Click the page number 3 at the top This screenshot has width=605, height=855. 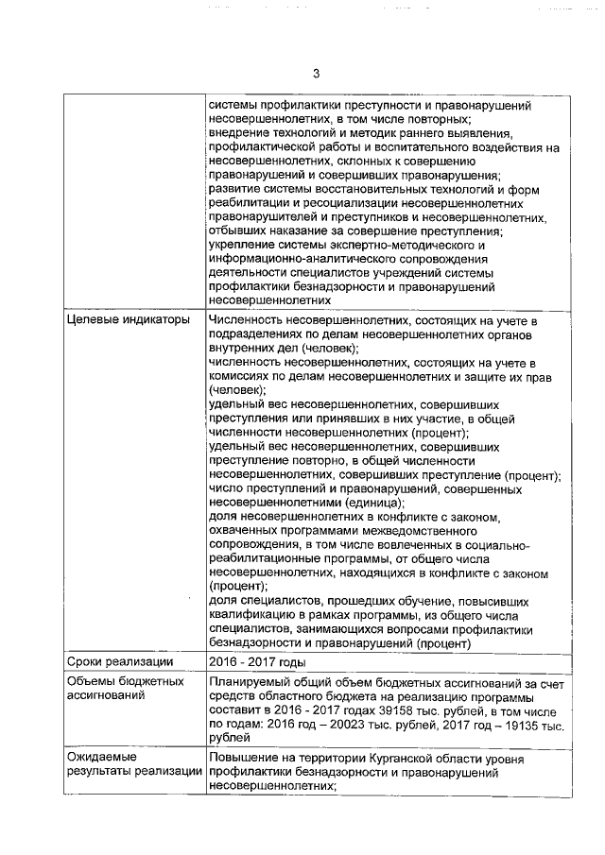pyautogui.click(x=316, y=75)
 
